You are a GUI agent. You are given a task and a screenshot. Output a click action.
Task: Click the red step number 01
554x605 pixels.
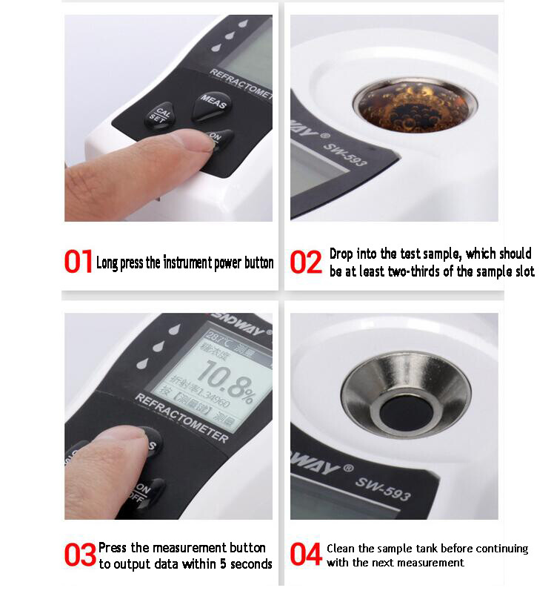point(78,262)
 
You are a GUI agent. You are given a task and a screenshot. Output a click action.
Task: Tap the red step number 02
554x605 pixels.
point(305,262)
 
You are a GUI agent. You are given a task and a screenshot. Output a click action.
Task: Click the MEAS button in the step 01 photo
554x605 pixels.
point(213,105)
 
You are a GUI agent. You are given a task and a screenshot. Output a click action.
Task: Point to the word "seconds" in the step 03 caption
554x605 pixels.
point(250,564)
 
